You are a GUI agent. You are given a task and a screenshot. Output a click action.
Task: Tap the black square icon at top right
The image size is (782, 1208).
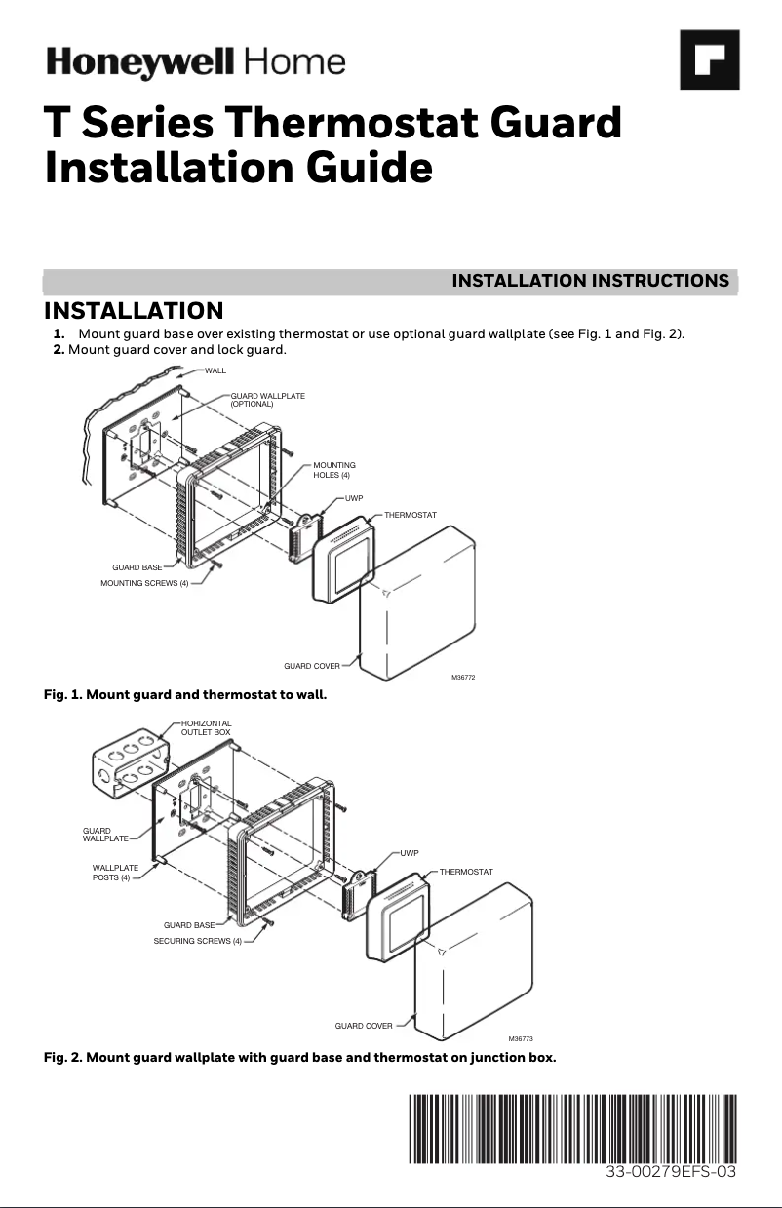(710, 60)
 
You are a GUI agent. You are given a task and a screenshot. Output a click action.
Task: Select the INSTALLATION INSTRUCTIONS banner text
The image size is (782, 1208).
(590, 281)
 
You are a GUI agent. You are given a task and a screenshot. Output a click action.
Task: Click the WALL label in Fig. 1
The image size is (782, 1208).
(215, 370)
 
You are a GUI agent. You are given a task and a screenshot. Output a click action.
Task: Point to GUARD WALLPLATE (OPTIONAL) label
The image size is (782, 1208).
(267, 399)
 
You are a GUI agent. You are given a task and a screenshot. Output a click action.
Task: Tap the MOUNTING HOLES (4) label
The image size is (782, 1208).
(333, 470)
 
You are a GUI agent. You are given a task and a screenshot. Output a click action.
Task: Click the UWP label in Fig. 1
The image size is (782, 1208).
(354, 498)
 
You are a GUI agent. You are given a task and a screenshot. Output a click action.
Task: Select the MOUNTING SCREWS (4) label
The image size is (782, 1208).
(144, 583)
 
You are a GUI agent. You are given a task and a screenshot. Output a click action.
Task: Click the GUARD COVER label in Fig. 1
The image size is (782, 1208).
(312, 666)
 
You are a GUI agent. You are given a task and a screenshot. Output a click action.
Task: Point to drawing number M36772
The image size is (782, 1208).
(464, 677)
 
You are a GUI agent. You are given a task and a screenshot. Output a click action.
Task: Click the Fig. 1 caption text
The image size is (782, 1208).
(185, 695)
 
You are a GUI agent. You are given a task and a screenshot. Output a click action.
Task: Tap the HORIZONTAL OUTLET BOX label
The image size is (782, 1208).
(206, 727)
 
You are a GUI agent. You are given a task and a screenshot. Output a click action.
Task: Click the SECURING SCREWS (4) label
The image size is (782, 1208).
(198, 941)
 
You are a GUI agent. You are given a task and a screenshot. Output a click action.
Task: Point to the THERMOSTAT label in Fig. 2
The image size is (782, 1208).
(465, 871)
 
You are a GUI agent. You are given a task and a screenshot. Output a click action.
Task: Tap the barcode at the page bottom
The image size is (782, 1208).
(572, 1128)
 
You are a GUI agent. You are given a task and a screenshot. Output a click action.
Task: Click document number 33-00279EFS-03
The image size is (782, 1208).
(670, 1173)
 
